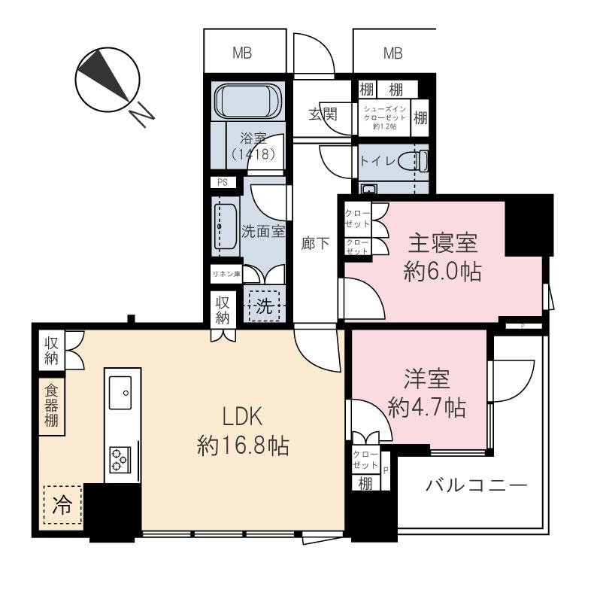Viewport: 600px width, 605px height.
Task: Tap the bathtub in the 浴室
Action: [x=248, y=101]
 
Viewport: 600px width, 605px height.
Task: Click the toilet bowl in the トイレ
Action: [x=414, y=161]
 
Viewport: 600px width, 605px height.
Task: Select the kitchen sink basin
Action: [x=120, y=393]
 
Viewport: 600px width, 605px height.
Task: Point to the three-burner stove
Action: [x=120, y=460]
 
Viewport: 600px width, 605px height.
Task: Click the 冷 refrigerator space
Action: [x=62, y=504]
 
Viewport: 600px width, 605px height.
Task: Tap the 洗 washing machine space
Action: [x=265, y=306]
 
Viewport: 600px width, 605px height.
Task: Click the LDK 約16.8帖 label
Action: [x=243, y=431]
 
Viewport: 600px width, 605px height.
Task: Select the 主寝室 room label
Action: [x=443, y=243]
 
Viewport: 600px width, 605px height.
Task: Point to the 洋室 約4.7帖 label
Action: [x=427, y=393]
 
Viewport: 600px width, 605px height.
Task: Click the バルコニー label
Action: [x=477, y=485]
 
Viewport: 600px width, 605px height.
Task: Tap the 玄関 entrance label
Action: [x=323, y=114]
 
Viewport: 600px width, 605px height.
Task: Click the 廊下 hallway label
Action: [x=316, y=243]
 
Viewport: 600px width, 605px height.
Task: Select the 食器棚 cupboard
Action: [x=51, y=406]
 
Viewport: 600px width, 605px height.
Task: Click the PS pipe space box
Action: [x=223, y=182]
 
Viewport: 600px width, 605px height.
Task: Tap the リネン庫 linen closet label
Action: [x=227, y=274]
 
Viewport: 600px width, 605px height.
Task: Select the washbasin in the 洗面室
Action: [x=225, y=226]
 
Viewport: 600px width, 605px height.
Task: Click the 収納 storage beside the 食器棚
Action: [x=51, y=351]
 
